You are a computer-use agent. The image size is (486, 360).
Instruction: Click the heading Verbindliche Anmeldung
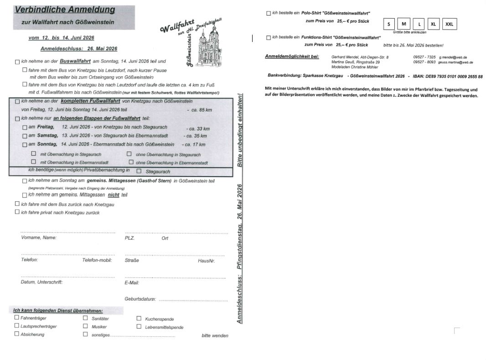coord(64,10)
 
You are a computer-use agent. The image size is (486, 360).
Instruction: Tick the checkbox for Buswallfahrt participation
coord(17,62)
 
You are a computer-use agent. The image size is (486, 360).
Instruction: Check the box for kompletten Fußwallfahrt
coord(17,101)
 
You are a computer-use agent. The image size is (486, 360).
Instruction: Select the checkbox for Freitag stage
coord(25,127)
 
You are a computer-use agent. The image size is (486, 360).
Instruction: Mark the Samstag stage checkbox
coord(25,136)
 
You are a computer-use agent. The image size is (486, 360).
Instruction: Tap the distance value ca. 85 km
coord(199,110)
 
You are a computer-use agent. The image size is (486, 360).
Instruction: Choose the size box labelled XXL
coord(449,24)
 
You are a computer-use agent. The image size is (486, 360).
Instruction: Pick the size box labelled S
coord(389,24)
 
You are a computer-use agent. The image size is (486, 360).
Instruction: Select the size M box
coord(403,24)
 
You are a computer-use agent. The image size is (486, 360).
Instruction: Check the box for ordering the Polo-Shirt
coord(269,13)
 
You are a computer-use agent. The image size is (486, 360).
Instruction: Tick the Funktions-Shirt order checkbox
coord(269,37)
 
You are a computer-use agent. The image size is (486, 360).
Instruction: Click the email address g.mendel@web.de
coord(453,57)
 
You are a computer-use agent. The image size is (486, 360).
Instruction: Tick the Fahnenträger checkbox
coord(17,318)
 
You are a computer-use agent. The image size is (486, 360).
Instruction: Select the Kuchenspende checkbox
coord(139,318)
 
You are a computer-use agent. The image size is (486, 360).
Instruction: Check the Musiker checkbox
coord(85,326)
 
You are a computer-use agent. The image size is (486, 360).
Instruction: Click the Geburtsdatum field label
coord(140,299)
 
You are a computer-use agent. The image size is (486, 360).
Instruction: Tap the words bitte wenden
coord(215,336)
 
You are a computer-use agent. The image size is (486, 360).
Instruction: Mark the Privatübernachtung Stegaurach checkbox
coord(139,171)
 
